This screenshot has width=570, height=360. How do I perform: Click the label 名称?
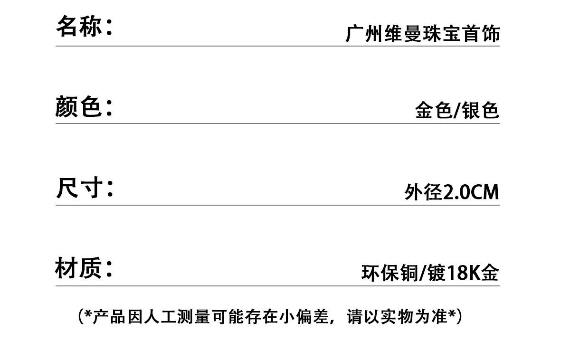79,26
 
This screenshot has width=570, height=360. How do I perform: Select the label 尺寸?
79,188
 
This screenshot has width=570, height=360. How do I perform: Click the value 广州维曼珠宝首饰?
422,35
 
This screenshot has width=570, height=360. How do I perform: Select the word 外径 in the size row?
423,192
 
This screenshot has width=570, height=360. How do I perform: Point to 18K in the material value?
463,274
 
